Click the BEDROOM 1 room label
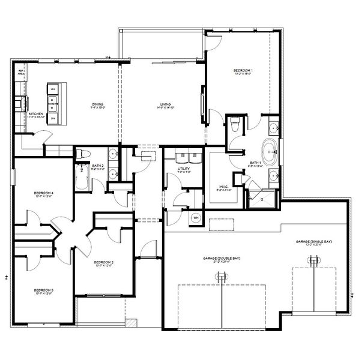243,71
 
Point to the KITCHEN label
35,113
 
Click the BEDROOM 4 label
44,193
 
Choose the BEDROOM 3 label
43,290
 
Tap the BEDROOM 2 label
104,262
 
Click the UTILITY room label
184,169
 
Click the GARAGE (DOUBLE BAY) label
221,258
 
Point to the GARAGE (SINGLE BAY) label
313,241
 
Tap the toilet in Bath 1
235,125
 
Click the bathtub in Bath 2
81,177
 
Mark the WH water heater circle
196,217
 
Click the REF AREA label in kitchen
20,72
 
